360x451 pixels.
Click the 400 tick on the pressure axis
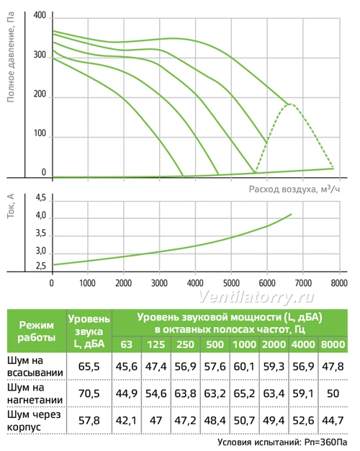[x=40, y=15]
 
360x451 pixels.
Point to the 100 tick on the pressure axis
[x=40, y=133]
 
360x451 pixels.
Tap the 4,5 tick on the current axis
[x=40, y=198]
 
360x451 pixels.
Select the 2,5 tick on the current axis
[x=40, y=266]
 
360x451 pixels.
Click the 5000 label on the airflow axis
[x=231, y=283]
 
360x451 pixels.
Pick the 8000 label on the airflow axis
[x=339, y=283]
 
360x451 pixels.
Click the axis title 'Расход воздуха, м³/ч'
[x=294, y=189]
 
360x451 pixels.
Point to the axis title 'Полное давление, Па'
[x=11, y=57]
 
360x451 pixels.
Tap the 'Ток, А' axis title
[x=11, y=206]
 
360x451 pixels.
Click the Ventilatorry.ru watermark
[x=256, y=297]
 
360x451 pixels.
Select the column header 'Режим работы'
[x=37, y=331]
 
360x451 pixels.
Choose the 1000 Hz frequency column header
[x=244, y=344]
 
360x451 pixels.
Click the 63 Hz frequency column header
[x=127, y=344]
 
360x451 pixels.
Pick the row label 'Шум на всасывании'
[x=35, y=367]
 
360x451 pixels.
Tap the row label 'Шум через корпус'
[x=34, y=421]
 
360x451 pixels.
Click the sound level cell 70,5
[x=89, y=393]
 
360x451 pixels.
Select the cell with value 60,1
[x=244, y=367]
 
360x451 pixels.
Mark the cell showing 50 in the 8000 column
[x=333, y=393]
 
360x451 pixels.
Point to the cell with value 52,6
[x=303, y=421]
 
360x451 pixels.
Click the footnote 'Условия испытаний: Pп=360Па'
[x=282, y=442]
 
